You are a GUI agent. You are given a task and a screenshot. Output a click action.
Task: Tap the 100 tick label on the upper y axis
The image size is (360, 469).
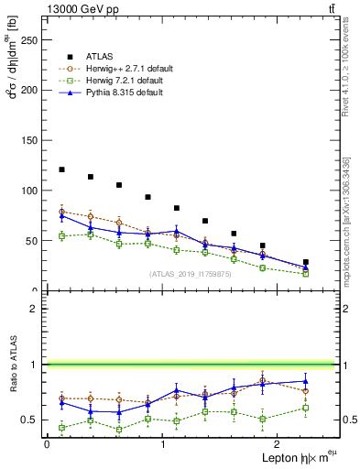pos(31,191)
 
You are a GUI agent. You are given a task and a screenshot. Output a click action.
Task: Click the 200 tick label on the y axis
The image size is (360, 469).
pos(31,91)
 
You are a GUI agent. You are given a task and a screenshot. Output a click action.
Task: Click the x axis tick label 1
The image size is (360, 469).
pos(162,443)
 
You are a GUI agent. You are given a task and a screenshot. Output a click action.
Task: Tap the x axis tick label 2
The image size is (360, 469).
pos(278,443)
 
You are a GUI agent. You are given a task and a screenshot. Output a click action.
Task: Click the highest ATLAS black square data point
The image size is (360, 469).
pos(61,169)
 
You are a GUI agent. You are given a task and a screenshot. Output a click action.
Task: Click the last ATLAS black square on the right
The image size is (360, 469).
pos(306,262)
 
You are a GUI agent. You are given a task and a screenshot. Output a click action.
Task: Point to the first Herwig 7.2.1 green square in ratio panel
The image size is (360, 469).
pos(61,428)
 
